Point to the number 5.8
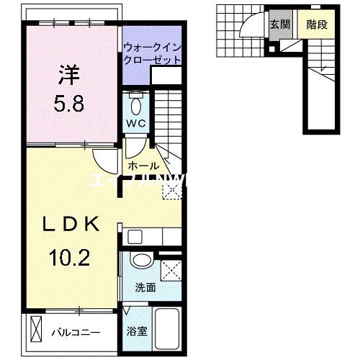click(x=69, y=104)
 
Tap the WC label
click(x=137, y=123)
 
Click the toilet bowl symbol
click(x=137, y=104)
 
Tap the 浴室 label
click(x=137, y=333)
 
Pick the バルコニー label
click(x=76, y=333)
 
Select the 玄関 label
click(x=279, y=24)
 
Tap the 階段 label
click(x=317, y=24)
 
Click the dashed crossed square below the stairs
click(x=173, y=189)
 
